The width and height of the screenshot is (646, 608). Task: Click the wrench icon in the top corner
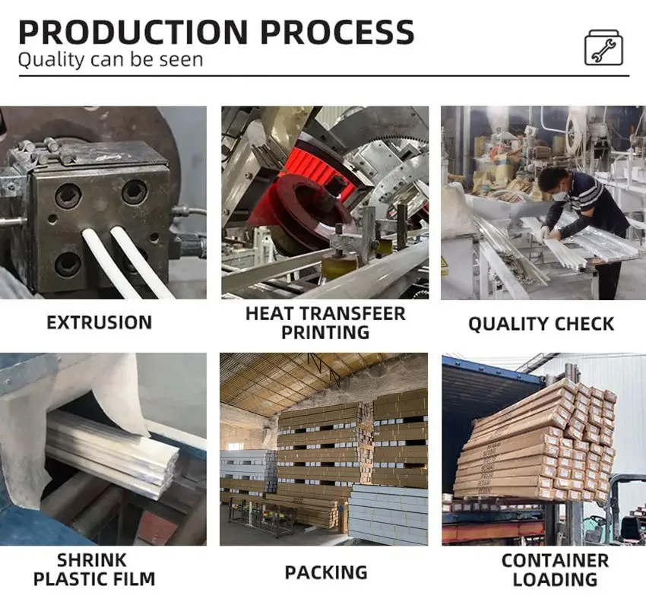pos(603,47)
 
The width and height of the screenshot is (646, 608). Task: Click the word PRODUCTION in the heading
pos(133,32)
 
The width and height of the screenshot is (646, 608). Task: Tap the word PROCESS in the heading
pos(337,32)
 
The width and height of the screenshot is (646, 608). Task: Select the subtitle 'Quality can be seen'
pos(110,60)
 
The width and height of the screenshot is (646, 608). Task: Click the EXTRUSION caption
pos(100,322)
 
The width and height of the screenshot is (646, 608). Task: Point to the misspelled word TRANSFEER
pos(352,314)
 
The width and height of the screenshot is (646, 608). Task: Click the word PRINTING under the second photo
pos(325,332)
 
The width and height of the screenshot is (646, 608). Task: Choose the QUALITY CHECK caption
pos(541,324)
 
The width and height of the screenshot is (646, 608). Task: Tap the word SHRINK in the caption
pos(91,560)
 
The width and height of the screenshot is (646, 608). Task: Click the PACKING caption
pos(326,572)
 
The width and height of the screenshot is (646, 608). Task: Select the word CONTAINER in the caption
pos(555,561)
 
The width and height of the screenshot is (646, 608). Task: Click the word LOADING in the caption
pos(555,580)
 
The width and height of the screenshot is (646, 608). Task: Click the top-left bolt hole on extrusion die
pos(68,195)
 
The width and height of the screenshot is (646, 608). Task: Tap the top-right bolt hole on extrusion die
pos(135,192)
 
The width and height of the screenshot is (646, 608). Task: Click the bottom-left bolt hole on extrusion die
pos(68,264)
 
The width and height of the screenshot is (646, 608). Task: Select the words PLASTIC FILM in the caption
pos(94,579)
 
